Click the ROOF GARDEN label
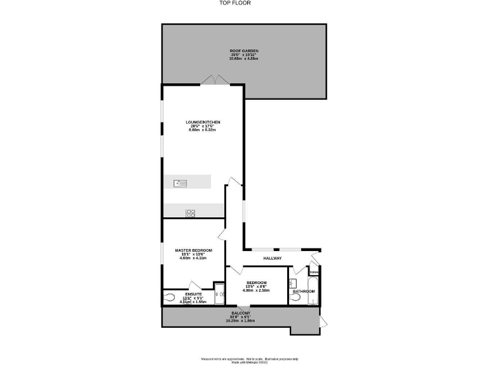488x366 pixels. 244,51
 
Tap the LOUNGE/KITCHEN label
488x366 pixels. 203,121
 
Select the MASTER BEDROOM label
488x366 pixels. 194,250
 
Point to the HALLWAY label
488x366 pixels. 272,258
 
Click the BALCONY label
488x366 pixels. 240,313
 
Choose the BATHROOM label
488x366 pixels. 304,292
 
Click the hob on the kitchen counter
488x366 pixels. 189,213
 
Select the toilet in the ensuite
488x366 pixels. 170,297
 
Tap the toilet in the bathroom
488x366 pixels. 295,296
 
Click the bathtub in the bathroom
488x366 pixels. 313,288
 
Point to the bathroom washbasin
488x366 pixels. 292,283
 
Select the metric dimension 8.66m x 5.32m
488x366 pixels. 203,130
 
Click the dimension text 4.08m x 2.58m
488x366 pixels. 257,290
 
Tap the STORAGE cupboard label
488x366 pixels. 314,273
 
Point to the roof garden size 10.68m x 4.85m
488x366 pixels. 244,58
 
